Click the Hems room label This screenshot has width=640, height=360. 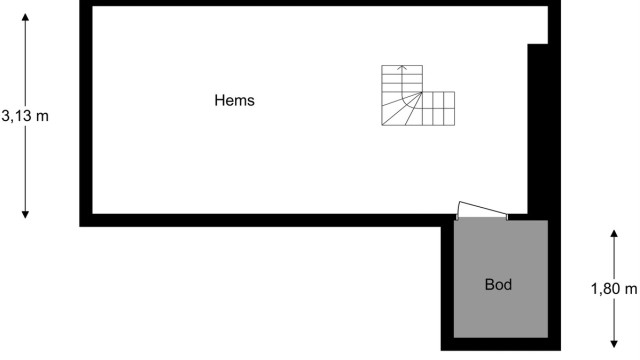[x=234, y=100]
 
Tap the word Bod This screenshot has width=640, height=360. [x=498, y=285]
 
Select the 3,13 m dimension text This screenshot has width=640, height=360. [x=25, y=116]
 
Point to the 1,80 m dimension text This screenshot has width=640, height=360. [x=614, y=289]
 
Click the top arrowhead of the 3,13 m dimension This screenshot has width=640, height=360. [x=25, y=15]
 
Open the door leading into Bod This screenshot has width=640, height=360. [x=481, y=211]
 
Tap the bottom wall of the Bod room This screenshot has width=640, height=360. [x=500, y=344]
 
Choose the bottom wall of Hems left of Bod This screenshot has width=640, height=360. [x=260, y=220]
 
